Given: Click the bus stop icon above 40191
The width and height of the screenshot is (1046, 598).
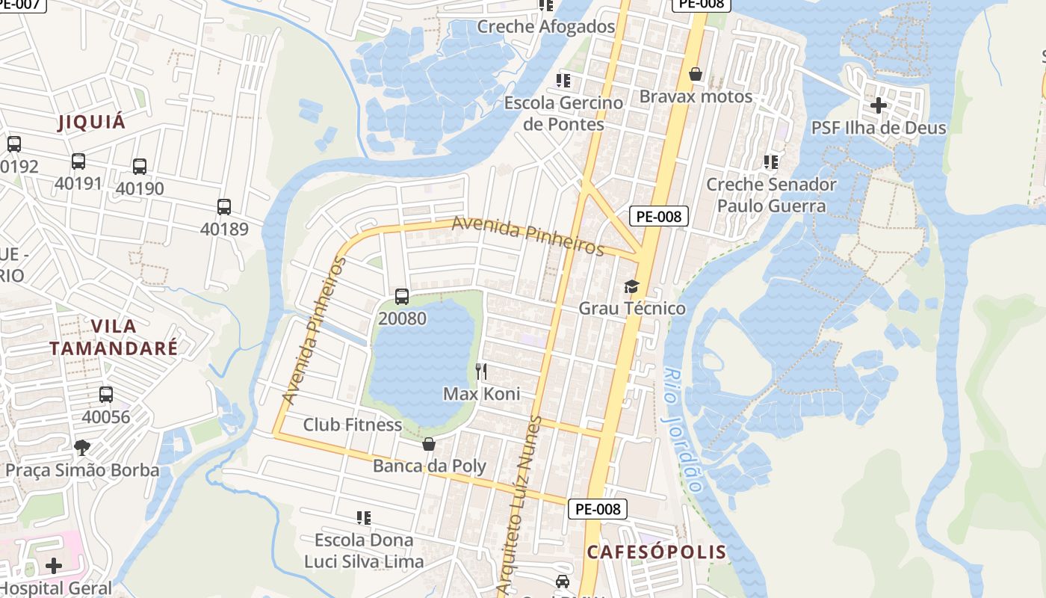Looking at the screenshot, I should click(78, 161).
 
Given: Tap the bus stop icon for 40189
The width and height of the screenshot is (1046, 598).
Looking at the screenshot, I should click(224, 207).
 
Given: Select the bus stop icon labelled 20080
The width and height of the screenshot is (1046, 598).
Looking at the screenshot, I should click(402, 297).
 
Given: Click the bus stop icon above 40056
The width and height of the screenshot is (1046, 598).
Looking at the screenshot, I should click(106, 395).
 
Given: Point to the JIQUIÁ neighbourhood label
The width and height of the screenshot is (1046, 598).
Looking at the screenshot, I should click(93, 123).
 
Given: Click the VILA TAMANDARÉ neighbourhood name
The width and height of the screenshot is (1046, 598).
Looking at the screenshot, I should click(114, 337).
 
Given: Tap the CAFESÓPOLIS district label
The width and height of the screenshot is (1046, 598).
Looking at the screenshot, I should click(656, 552).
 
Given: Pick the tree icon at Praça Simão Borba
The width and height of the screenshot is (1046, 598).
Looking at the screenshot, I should click(82, 448).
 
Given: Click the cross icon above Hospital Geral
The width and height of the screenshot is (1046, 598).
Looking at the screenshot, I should click(54, 566).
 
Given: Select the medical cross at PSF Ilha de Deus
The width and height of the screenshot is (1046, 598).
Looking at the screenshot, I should click(879, 105).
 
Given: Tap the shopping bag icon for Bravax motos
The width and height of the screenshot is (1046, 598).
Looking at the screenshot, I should click(696, 74).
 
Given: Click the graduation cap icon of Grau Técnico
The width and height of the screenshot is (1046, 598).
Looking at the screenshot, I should click(632, 286).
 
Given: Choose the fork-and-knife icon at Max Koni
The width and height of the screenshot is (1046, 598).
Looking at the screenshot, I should click(482, 371).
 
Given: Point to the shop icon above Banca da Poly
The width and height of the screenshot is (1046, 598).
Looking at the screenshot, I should click(429, 444).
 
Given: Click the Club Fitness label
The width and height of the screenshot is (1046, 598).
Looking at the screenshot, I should click(352, 425).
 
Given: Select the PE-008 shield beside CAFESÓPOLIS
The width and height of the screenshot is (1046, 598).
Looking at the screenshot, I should click(598, 509).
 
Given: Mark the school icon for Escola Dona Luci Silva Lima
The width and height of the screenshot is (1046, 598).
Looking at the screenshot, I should click(364, 517).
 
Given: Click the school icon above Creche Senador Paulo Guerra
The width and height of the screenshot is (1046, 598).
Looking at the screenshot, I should click(771, 161).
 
